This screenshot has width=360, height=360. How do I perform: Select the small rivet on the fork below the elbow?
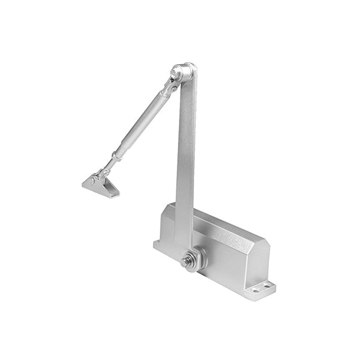pos(173,89)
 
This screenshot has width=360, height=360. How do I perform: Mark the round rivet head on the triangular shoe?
pos(92,181)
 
